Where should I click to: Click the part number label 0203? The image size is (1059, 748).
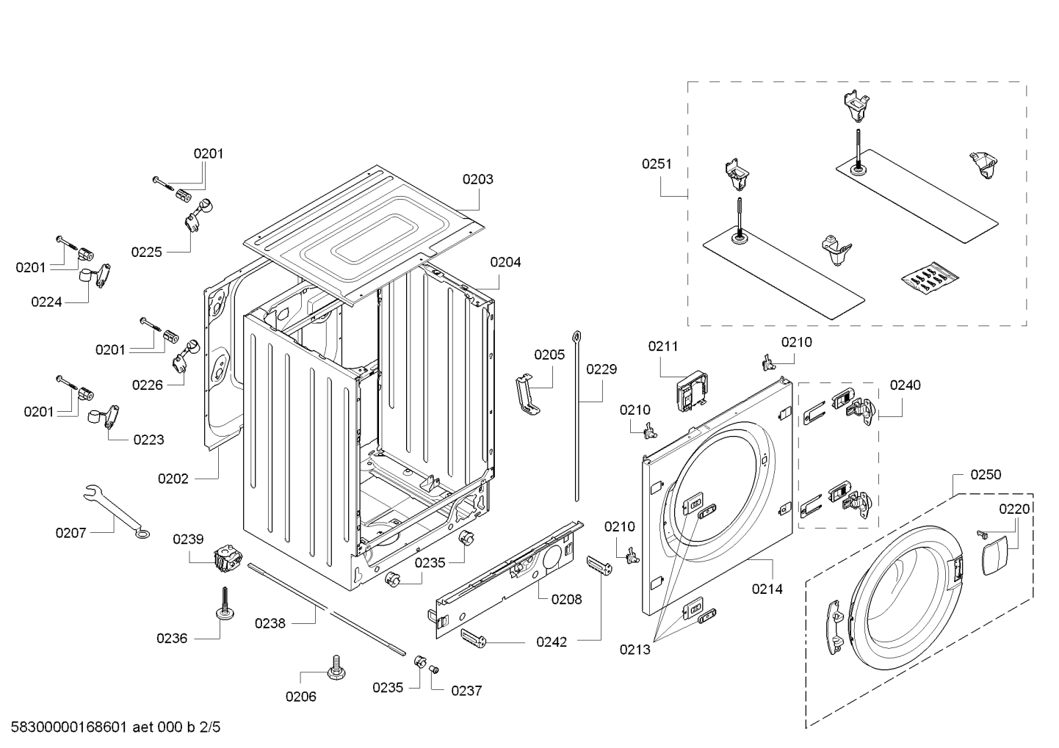[477, 179]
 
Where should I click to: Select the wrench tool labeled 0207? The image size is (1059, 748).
[114, 512]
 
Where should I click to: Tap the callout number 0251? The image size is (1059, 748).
[657, 164]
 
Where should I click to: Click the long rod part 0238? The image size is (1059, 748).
[326, 608]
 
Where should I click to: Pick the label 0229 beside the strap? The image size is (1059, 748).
[601, 369]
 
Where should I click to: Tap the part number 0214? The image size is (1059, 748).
[767, 588]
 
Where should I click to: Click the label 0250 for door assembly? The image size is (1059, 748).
[985, 475]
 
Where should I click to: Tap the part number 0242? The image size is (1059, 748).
[551, 642]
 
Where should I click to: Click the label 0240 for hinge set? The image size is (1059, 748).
[905, 385]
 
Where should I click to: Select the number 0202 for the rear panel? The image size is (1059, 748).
[173, 479]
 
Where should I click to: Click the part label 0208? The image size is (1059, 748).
[566, 599]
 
